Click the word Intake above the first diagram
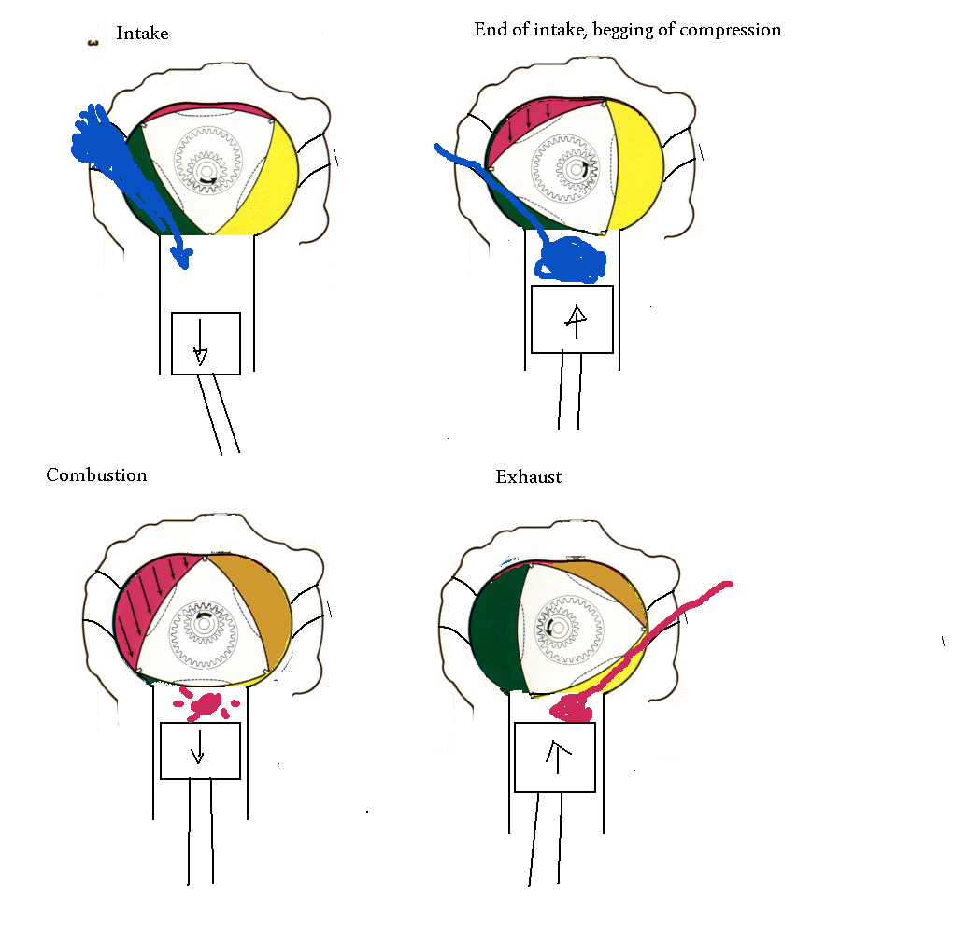142,33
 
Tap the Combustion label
97,474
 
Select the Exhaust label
528,476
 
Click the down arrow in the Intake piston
200,343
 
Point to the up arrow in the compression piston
576,321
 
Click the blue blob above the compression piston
570,260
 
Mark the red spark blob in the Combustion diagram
206,705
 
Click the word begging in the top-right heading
619,31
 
